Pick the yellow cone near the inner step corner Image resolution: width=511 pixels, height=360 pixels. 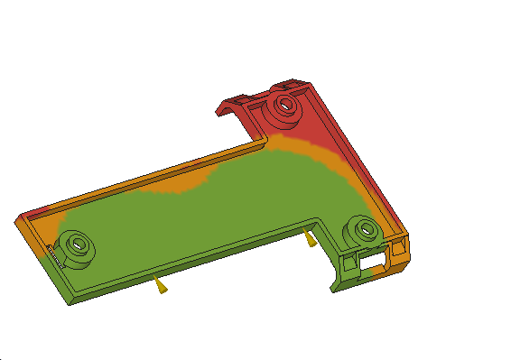click(311, 239)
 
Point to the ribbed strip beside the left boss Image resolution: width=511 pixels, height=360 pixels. click(54, 257)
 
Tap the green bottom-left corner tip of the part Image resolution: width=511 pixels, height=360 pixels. click(69, 300)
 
